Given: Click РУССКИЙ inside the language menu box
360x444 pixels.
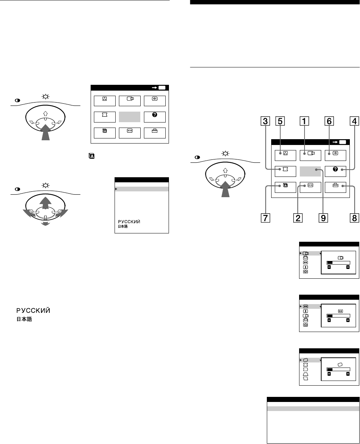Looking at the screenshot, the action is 128,222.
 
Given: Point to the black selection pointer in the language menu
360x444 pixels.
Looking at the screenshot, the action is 116,189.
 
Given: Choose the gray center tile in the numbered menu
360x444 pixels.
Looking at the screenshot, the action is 311,169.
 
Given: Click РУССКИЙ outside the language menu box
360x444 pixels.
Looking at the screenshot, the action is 32,311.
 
